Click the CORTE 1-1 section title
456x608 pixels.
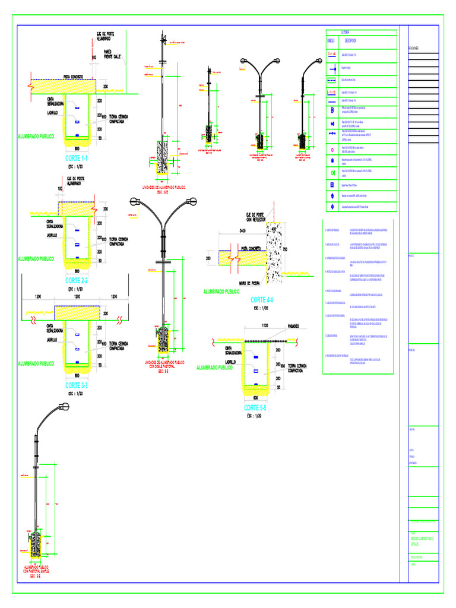[x=77, y=159]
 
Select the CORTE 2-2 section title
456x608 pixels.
[x=77, y=280]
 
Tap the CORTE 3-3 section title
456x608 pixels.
[x=77, y=385]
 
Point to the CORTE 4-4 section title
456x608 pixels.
[x=262, y=300]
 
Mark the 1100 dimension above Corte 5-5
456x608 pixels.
[x=264, y=326]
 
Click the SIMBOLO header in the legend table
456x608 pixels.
[x=331, y=41]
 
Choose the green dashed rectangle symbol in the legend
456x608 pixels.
[x=331, y=80]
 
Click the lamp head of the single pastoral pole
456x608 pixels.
[x=62, y=408]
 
